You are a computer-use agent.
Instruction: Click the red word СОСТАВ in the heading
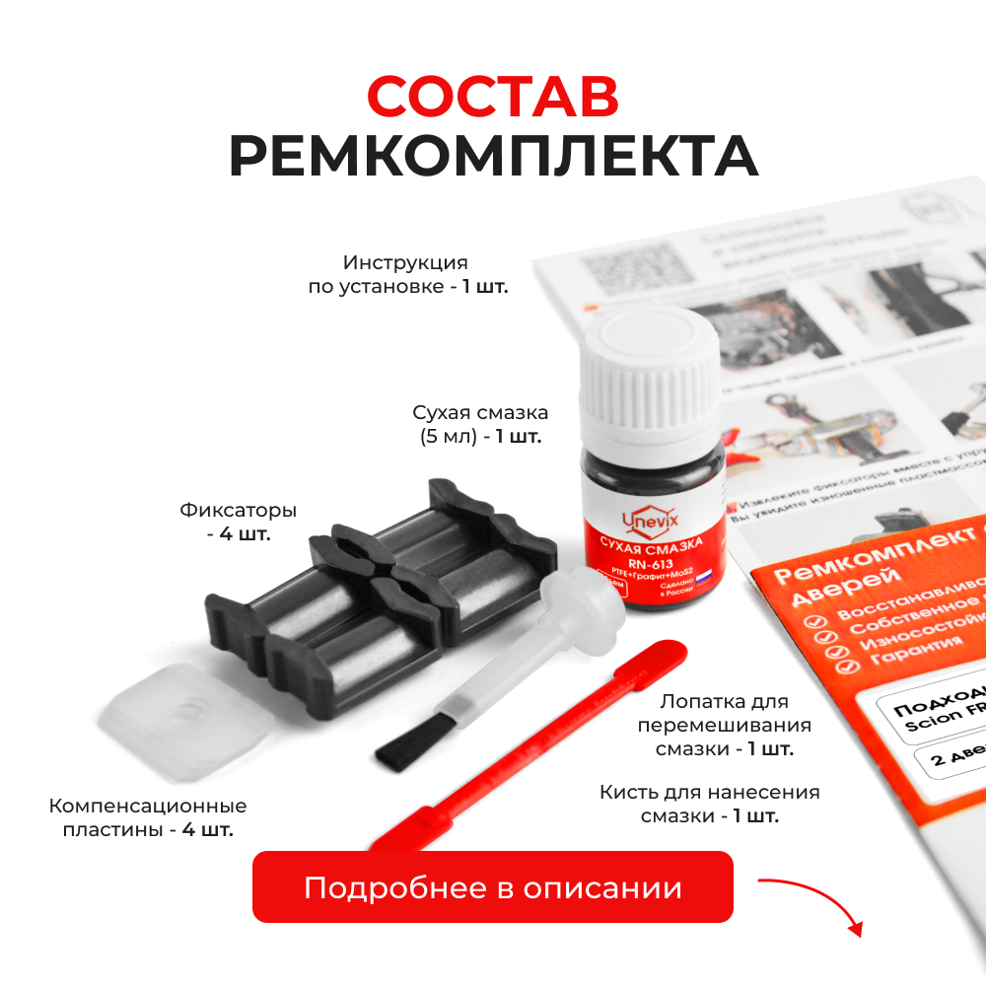493,96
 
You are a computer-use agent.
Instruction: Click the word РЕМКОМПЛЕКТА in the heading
493,157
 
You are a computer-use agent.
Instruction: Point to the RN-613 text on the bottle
652,564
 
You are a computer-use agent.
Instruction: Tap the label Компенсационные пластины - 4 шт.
148,818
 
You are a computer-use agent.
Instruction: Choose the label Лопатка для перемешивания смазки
725,726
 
